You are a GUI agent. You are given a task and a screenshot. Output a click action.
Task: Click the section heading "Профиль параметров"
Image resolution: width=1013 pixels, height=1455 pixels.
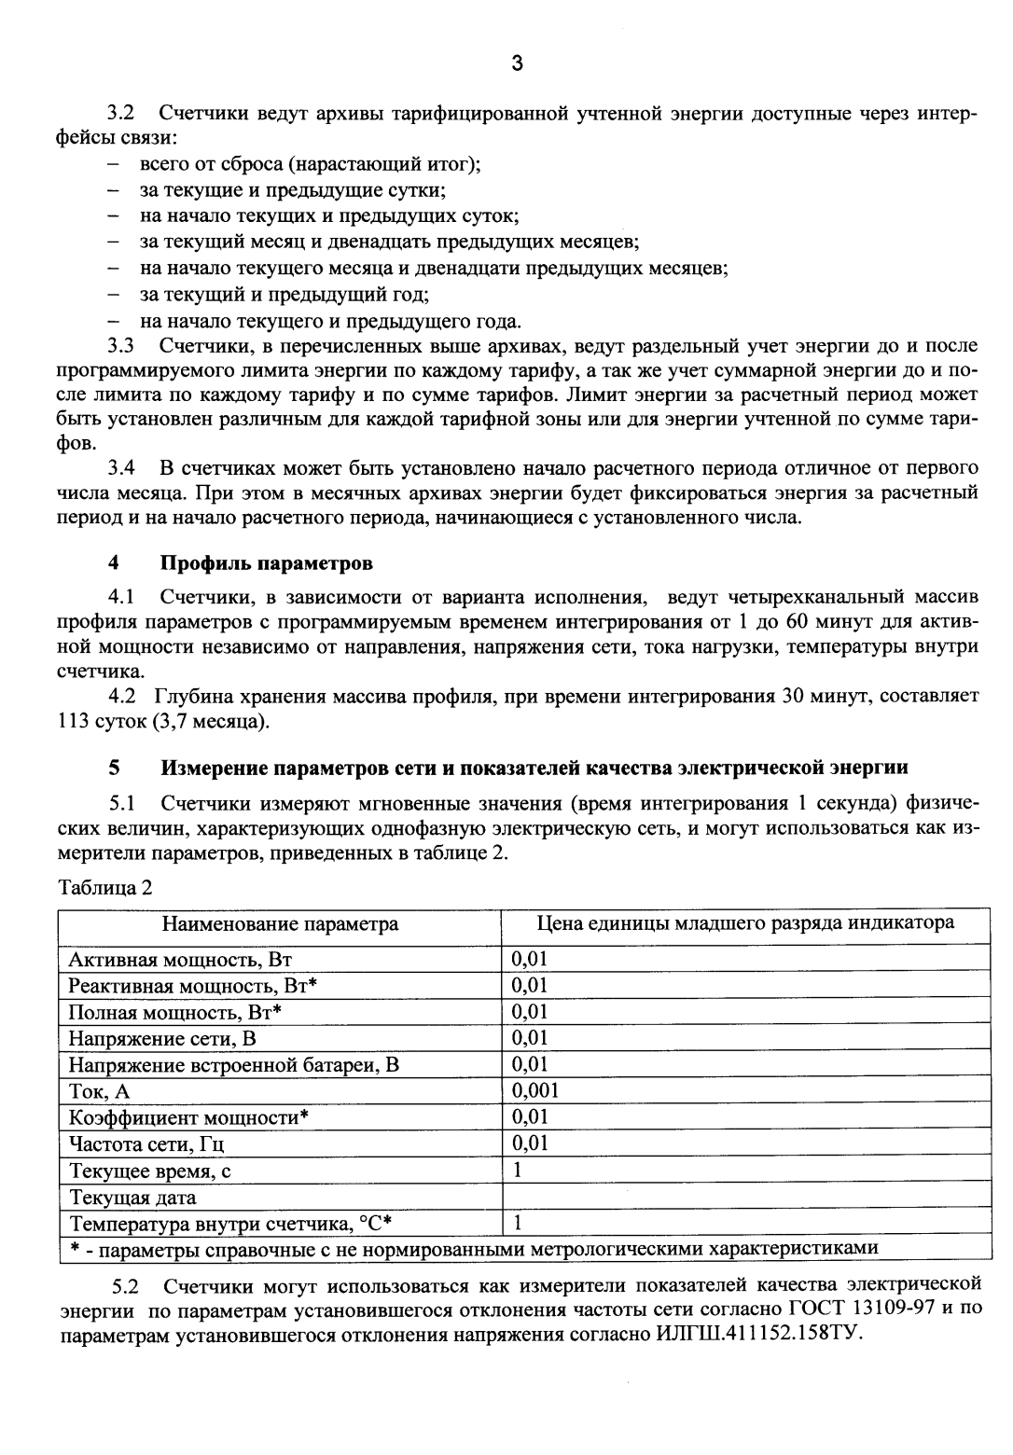(267, 563)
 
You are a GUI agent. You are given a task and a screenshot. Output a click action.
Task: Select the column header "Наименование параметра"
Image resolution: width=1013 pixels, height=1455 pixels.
(280, 923)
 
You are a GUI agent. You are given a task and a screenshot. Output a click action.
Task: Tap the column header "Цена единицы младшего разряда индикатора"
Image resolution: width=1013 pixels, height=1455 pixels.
(745, 923)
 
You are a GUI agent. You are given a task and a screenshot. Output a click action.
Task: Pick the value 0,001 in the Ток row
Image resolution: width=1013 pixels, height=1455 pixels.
(535, 1090)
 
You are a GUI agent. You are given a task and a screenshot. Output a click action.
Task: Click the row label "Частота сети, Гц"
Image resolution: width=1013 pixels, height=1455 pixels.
(147, 1143)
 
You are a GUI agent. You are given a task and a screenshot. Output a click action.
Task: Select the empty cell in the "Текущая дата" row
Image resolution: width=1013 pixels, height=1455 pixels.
(745, 1197)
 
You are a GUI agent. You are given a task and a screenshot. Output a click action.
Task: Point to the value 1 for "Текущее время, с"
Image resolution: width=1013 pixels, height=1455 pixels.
(517, 1171)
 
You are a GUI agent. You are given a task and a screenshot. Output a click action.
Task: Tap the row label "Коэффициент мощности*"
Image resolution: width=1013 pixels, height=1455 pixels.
(188, 1117)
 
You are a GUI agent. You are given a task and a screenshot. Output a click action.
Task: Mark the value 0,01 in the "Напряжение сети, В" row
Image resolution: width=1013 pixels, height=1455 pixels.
(530, 1037)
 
